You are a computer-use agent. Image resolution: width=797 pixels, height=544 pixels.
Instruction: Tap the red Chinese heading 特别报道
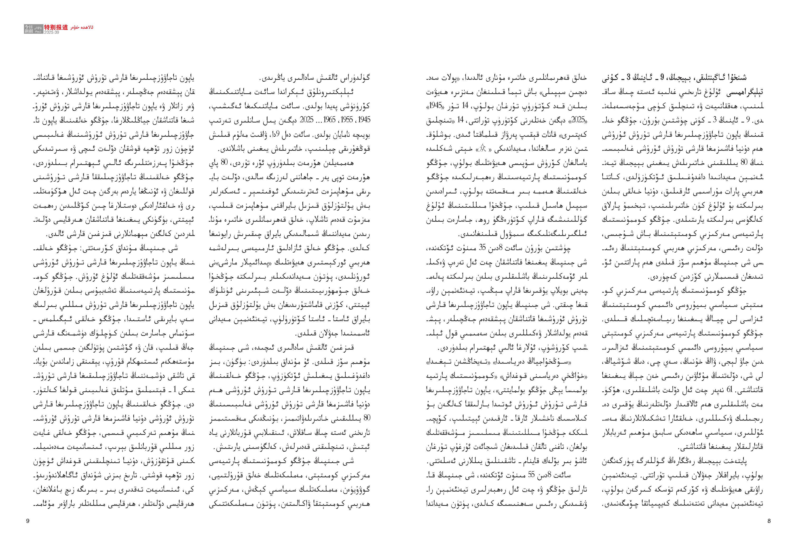point(56,27)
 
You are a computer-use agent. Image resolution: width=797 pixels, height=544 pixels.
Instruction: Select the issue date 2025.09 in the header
point(51,32)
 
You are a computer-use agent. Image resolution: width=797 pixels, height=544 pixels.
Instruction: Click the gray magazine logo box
point(29,29)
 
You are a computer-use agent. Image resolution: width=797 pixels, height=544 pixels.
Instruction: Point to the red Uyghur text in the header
point(82,27)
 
